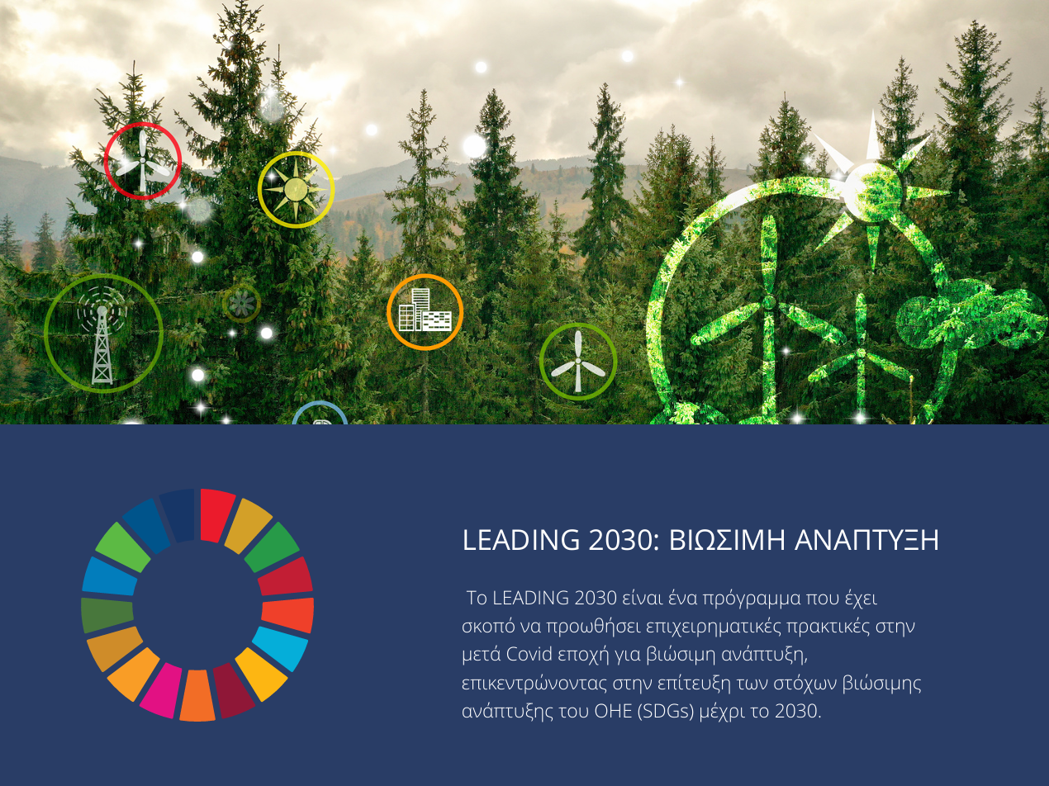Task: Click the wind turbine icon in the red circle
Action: point(142,161)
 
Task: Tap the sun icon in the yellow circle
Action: point(296,190)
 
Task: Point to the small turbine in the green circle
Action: point(578,362)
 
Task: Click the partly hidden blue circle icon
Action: point(319,414)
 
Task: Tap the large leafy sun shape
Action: point(874,191)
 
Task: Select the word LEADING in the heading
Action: point(521,540)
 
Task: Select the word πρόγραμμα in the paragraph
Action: point(752,599)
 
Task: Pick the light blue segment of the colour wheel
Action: point(280,648)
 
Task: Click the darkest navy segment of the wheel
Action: point(178,515)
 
